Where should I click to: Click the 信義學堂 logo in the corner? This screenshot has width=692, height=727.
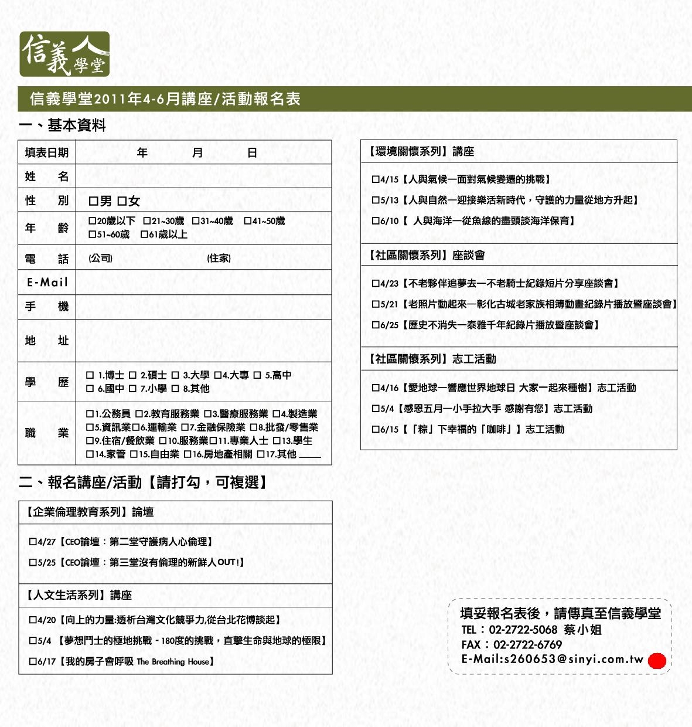click(x=64, y=54)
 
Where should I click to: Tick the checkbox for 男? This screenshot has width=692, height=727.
click(x=93, y=202)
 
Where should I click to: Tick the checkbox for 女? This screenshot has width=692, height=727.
click(x=121, y=202)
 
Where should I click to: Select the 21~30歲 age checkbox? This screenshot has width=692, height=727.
click(x=147, y=221)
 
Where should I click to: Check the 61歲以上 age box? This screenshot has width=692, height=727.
click(x=144, y=235)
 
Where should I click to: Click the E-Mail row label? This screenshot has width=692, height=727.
click(x=47, y=282)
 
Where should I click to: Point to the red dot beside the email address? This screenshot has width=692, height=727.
click(x=657, y=661)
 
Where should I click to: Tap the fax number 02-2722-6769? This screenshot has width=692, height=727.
click(x=527, y=645)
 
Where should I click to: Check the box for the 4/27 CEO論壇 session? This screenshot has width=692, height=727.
click(x=33, y=542)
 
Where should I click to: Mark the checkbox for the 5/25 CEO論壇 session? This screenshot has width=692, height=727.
click(x=33, y=563)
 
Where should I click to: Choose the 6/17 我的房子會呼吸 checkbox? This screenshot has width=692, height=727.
click(x=33, y=662)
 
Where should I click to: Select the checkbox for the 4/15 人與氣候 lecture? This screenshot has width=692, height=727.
click(x=376, y=179)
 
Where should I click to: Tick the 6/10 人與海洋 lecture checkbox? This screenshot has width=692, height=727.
click(x=376, y=221)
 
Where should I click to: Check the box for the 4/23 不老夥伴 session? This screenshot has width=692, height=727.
click(x=376, y=284)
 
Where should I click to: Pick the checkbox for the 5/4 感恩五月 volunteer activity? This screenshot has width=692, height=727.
click(x=376, y=409)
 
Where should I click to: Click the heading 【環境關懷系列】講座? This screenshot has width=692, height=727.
click(x=422, y=152)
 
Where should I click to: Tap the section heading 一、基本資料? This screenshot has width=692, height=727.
click(x=62, y=125)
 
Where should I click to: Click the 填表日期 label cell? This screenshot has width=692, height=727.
click(x=47, y=153)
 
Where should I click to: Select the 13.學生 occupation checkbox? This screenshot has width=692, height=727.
click(x=276, y=441)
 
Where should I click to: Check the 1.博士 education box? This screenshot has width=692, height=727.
click(x=90, y=375)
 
